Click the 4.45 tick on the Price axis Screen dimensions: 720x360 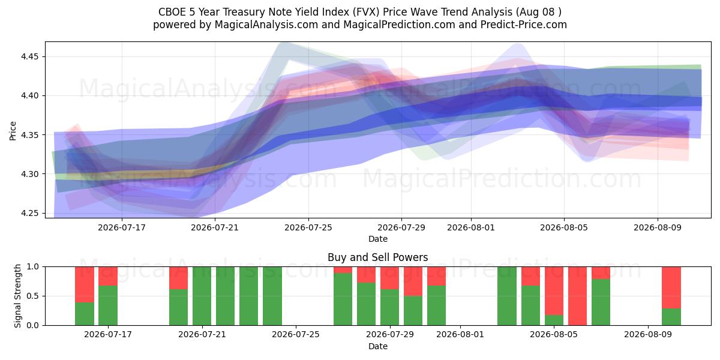pos(29,57)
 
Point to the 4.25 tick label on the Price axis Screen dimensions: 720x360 pos(29,214)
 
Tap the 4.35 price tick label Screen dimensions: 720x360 pos(29,135)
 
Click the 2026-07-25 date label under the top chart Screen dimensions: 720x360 pos(308,227)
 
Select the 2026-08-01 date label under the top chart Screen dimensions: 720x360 pos(471,227)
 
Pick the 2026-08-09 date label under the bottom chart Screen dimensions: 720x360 pos(647,335)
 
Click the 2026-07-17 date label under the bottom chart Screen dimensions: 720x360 pos(107,335)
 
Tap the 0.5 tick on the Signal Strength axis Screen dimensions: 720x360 pos(32,296)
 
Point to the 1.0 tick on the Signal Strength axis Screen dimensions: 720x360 pos(32,267)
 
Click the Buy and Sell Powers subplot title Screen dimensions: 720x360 pos(377,257)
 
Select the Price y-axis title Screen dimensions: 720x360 pos(13,131)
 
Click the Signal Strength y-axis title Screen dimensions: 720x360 pos(17,296)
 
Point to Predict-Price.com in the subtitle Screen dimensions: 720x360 pos(524,25)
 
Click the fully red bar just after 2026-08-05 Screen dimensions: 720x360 pos(577,296)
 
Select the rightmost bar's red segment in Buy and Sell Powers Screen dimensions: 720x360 pos(671,287)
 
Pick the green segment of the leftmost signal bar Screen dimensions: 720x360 pos(85,314)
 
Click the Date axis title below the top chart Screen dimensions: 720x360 pos(377,239)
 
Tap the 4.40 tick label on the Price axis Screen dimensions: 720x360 pos(29,96)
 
